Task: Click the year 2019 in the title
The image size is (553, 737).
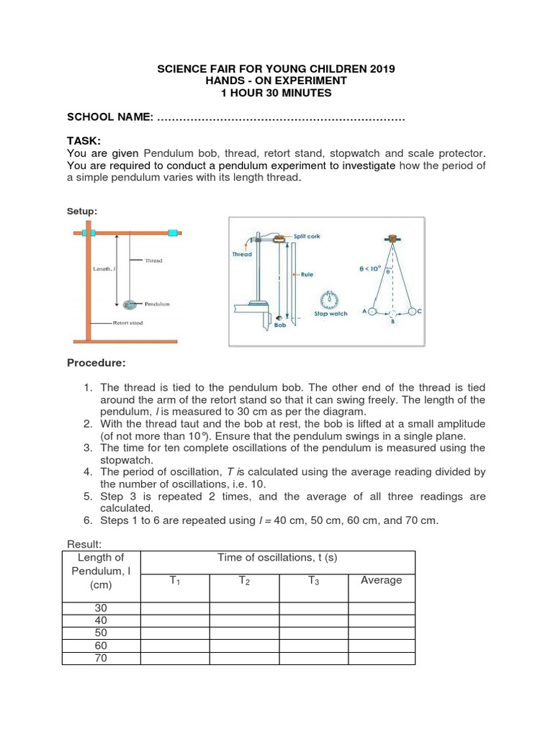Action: [x=381, y=68]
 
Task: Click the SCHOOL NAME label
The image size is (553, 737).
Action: [x=109, y=117]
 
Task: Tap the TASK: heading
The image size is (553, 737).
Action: [x=84, y=140]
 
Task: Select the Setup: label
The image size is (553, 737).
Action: [x=81, y=211]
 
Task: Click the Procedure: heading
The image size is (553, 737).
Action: [x=96, y=362]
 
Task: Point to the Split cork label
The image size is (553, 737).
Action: [x=307, y=236]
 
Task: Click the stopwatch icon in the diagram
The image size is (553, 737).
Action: [x=331, y=300]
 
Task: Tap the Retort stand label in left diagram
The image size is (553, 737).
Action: [x=127, y=323]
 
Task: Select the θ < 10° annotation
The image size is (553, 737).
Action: [x=370, y=268]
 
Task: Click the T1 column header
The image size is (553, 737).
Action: [x=175, y=580]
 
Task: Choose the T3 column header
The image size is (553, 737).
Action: [x=313, y=580]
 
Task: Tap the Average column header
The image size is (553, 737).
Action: [x=381, y=580]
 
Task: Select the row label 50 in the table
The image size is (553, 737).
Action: [x=101, y=633]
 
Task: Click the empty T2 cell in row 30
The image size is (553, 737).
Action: [x=244, y=608]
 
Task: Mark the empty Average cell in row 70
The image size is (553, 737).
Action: [x=381, y=658]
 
